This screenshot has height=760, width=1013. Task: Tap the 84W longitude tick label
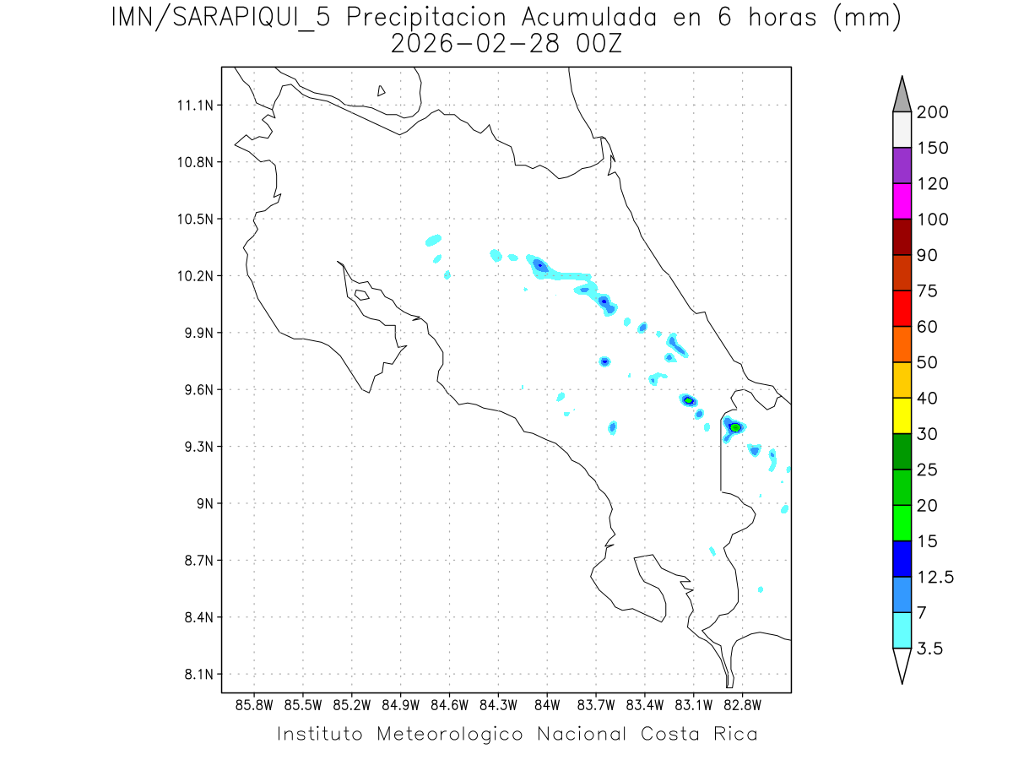tap(547, 704)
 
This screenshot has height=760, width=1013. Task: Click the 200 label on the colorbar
tap(931, 112)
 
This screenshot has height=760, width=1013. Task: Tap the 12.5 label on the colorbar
tap(934, 577)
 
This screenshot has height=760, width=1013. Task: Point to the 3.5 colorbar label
tap(929, 649)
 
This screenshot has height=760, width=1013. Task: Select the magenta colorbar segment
tap(902, 201)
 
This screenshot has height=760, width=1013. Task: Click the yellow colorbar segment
tap(902, 415)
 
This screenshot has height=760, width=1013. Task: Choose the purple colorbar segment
tap(902, 166)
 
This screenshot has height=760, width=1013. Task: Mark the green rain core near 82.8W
tap(735, 427)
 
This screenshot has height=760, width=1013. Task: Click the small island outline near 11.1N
tap(382, 90)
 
